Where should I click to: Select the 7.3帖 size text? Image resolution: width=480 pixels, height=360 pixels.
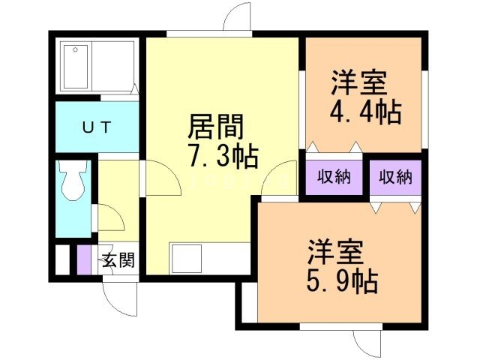coord(223,157)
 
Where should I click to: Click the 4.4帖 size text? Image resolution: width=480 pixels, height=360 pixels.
coord(365,112)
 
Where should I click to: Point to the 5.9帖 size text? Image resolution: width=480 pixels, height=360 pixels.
coord(341,281)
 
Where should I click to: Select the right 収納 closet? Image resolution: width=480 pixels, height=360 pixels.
coord(395,178)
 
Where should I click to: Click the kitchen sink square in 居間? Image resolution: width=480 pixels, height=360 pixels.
coord(184,259)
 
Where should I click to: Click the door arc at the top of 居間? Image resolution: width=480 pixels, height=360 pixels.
coord(237,16)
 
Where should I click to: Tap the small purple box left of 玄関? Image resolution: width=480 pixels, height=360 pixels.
coord(83,259)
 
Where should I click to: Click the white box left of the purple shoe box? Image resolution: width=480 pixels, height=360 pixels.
coord(62,259)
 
